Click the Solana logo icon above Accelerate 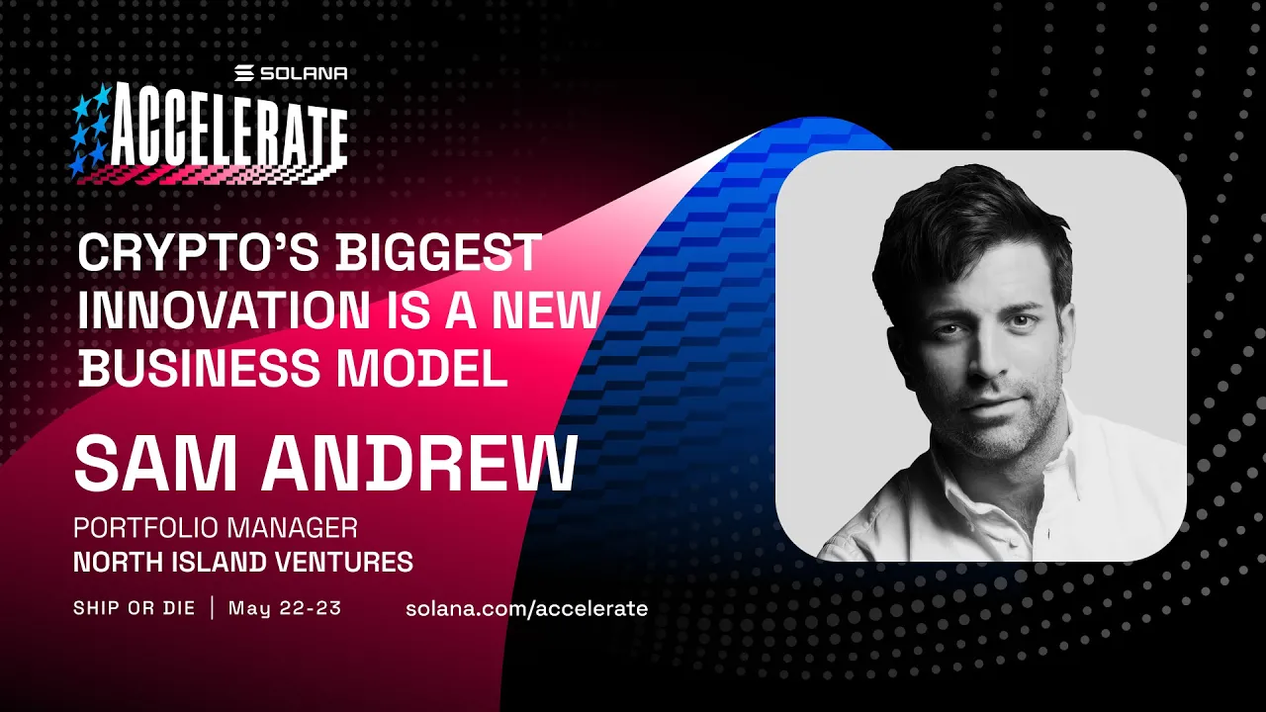(244, 73)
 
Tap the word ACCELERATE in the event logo (228, 133)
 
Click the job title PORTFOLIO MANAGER (216, 527)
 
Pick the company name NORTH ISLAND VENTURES (243, 563)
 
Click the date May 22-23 (285, 608)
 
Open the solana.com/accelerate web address (526, 608)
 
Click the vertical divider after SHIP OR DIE (212, 608)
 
